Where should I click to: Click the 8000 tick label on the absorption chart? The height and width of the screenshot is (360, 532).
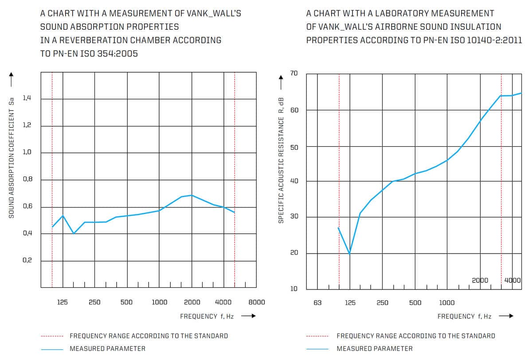point(257,302)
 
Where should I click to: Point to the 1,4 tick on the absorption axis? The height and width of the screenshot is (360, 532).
point(27,98)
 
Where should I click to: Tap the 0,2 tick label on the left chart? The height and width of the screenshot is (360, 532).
point(27,260)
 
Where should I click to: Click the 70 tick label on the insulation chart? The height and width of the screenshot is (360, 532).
point(294,73)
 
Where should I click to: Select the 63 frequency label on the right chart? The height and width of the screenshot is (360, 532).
point(317,302)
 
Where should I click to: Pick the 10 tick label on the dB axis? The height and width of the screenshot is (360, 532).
point(294,289)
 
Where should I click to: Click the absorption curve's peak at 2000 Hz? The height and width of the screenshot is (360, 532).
point(192,195)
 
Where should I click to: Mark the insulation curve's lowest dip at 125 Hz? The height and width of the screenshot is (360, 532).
point(349,254)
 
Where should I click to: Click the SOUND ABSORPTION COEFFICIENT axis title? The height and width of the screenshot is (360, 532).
point(12,158)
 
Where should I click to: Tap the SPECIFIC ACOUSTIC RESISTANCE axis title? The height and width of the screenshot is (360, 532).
point(281,160)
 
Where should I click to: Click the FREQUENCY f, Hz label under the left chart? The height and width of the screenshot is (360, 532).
point(207,316)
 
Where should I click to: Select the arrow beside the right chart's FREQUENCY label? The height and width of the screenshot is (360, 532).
point(506,316)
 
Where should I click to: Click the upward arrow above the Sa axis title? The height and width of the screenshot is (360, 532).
point(11,79)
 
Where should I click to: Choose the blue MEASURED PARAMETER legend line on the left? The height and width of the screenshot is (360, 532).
point(52,349)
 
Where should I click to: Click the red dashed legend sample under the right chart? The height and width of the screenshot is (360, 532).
point(317,336)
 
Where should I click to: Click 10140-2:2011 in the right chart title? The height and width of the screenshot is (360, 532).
point(494,40)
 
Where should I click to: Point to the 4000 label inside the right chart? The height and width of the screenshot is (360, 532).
point(512,281)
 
